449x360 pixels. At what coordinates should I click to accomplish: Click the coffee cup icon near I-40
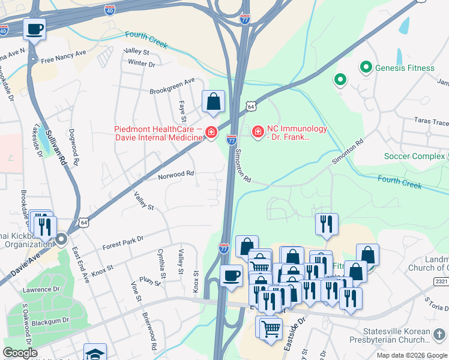coord(35,28)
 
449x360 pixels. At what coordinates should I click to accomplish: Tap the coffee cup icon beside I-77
coord(232,275)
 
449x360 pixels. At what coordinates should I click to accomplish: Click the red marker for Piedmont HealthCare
coord(211,132)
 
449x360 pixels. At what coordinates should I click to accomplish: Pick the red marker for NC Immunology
coord(258,131)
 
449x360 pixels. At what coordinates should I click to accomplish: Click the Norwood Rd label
coord(176,174)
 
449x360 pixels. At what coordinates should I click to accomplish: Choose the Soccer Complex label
coord(414,156)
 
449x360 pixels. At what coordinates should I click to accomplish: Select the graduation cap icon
coord(95,352)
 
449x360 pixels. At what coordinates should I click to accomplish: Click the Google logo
coord(20,353)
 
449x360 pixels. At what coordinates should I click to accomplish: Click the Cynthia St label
coord(161,264)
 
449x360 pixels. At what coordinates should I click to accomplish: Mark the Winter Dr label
coord(142,63)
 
